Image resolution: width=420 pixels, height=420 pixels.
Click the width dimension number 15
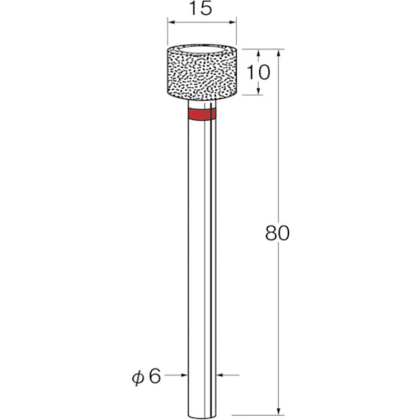[202, 9]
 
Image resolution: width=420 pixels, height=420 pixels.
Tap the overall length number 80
[277, 233]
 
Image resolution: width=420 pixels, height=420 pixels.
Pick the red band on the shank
[202, 115]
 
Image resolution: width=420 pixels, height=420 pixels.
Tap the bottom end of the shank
[202, 407]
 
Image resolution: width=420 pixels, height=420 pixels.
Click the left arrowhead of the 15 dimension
[171, 23]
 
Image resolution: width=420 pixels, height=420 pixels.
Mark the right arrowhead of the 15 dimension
[233, 23]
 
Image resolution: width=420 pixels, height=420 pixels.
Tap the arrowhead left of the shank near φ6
[184, 375]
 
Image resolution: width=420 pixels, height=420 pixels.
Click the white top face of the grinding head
[202, 49]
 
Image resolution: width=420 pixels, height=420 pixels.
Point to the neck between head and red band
[202, 104]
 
